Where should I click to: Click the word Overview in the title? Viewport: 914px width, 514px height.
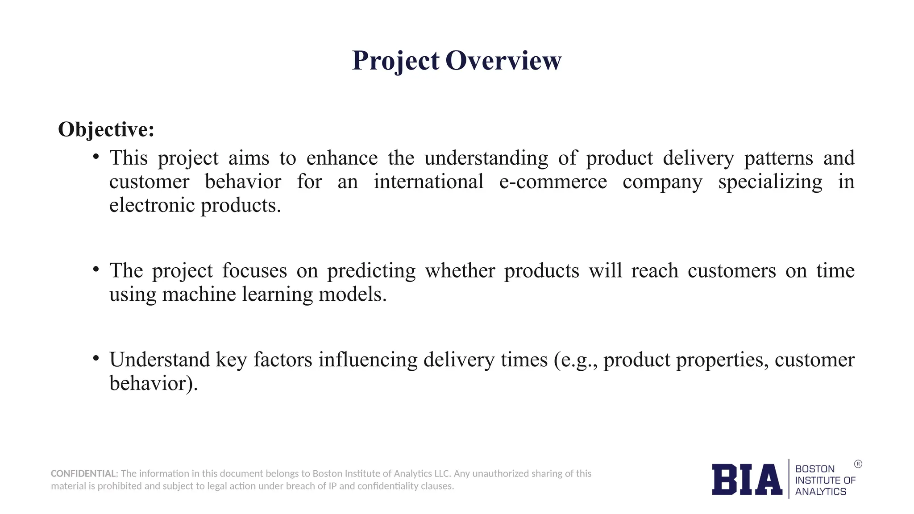503,61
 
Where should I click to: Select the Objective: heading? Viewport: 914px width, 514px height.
106,129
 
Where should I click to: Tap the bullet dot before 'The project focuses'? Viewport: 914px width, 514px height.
96,269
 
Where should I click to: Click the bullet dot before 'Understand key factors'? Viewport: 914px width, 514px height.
96,358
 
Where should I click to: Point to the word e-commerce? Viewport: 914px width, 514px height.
553,182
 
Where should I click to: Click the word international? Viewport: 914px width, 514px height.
428,182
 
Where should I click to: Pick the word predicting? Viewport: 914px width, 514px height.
371,271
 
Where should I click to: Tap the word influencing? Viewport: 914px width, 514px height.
368,360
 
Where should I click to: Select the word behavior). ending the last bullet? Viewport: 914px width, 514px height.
153,383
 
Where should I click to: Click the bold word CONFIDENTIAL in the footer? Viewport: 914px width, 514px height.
84,473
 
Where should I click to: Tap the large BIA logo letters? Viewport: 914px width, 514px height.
747,480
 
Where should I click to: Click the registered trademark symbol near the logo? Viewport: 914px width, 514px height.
858,464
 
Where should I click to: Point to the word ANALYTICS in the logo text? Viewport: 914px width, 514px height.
820,492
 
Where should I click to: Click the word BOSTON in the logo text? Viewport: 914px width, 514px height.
815,469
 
